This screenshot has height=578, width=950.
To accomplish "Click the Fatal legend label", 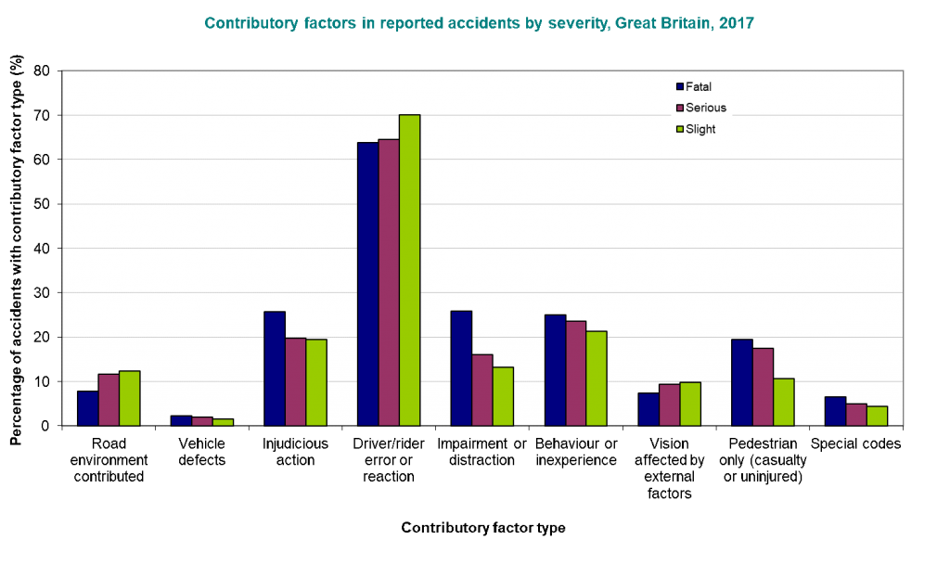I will pos(699,87).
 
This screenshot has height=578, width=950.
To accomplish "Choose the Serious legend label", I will pos(706,109).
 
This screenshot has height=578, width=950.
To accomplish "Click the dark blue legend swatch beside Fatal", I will pos(679,87).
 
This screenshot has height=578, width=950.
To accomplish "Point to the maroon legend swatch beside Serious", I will pos(679,109).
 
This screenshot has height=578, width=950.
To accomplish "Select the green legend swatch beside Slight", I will pos(679,130).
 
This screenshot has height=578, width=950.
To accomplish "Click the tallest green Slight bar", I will pos(409,269).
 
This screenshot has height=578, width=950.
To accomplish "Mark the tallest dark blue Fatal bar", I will pos(367,283).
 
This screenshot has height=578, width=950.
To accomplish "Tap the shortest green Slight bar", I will pos(223,422).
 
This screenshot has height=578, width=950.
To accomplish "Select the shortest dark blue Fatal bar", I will pos(181,420).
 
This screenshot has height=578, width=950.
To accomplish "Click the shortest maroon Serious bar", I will pos(201,421).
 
